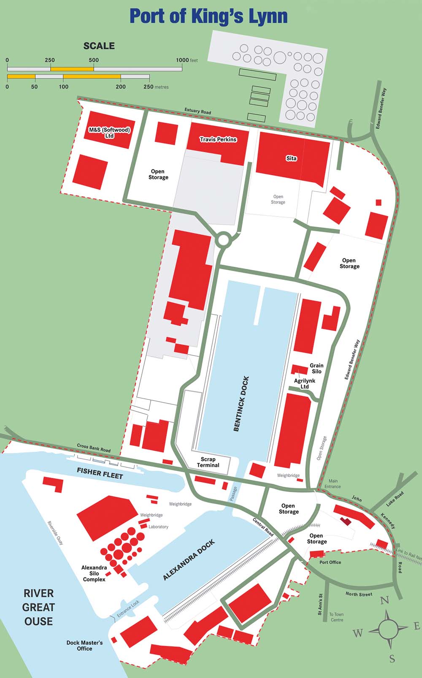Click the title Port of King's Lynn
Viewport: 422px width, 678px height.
point(208,16)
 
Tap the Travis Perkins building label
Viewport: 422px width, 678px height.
point(218,139)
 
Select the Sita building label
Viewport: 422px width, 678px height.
point(291,158)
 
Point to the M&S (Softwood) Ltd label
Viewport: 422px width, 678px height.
point(109,133)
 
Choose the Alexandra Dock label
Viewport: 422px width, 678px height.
point(189,560)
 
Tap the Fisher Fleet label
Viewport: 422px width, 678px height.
point(100,473)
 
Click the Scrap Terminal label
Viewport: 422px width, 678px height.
point(208,462)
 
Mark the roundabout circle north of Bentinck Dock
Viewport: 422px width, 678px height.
point(223,240)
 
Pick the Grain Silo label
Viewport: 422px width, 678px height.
point(316,369)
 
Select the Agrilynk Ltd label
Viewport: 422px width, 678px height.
point(304,383)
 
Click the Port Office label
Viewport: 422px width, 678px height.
point(330,562)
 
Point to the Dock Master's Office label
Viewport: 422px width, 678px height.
point(84,645)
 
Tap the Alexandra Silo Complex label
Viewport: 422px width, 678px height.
point(94,573)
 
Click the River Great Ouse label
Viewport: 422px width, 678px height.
point(38,607)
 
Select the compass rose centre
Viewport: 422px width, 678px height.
point(388,629)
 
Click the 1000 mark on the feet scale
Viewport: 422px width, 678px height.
point(182,60)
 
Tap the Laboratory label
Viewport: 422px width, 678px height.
point(158,527)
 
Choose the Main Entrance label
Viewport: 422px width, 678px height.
point(333,484)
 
